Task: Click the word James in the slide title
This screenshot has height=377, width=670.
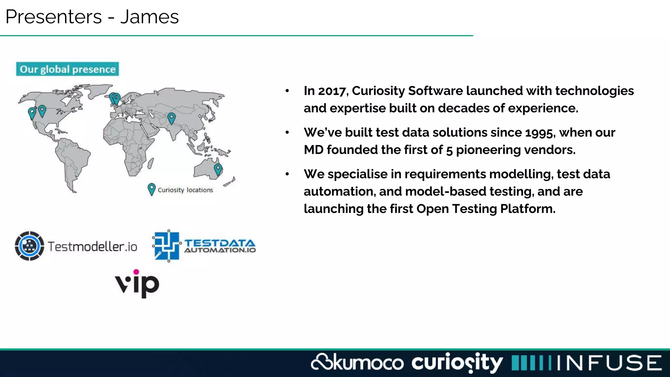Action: (150, 17)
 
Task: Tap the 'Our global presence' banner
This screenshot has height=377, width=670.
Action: (67, 69)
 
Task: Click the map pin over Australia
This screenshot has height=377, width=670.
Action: (218, 169)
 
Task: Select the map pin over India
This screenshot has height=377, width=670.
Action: (171, 117)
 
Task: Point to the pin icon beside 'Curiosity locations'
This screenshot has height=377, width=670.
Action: (151, 189)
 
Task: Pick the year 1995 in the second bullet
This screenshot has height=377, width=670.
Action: (539, 133)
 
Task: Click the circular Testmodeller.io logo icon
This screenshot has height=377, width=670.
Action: (29, 246)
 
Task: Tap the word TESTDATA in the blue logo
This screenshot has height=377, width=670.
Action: (220, 243)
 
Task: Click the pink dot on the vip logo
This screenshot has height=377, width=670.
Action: (136, 272)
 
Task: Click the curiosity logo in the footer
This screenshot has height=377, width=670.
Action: (457, 363)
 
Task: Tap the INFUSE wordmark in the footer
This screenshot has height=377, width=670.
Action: (609, 363)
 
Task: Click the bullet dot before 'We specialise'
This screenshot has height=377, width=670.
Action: (287, 174)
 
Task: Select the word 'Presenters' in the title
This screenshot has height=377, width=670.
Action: (54, 17)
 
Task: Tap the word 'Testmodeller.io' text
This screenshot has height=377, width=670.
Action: (93, 246)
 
